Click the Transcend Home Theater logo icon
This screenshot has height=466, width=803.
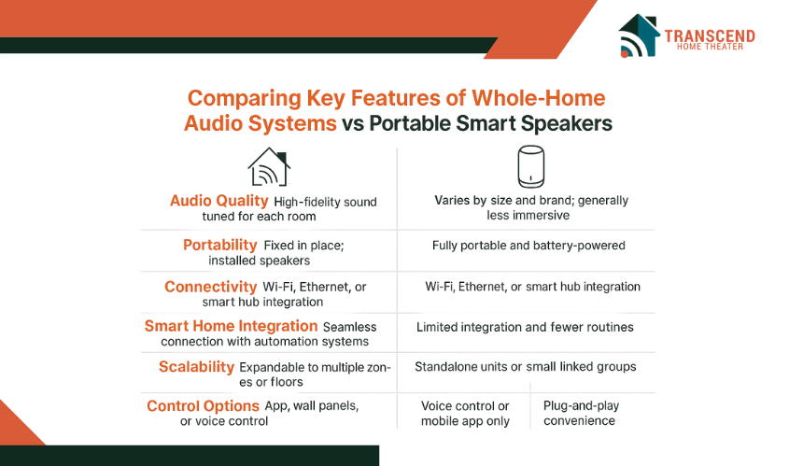639,35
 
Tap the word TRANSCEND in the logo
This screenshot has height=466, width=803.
710,35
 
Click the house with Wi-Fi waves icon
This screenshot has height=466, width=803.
269,167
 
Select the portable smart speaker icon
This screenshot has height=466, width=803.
530,166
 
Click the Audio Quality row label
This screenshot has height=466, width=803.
219,201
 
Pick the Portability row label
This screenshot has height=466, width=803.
219,245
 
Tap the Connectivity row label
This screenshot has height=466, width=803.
210,287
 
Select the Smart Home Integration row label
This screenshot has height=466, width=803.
231,326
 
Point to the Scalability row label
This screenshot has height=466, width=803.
196,367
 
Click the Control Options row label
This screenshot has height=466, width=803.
203,406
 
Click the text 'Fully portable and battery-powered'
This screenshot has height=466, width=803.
528,246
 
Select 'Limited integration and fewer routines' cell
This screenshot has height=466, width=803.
525,327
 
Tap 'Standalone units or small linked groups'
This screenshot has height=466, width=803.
526,367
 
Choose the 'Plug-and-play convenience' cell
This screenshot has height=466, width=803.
582,414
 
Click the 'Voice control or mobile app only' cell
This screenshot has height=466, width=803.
465,414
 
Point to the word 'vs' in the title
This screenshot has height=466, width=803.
353,124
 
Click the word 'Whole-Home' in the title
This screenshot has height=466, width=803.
538,98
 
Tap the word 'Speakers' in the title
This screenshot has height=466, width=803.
567,124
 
